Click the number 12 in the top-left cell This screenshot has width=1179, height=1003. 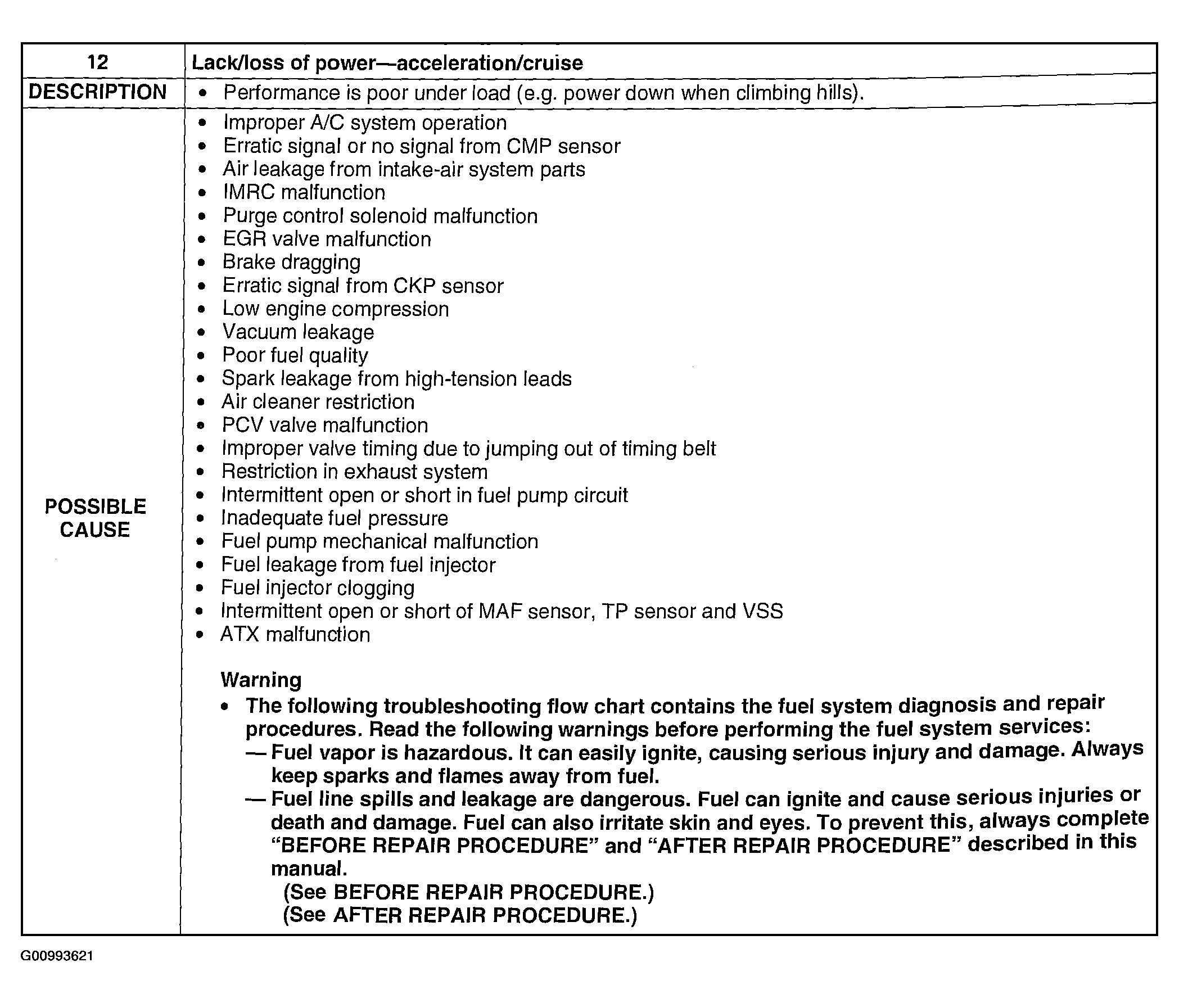98,61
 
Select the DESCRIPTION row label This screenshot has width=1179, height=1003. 98,92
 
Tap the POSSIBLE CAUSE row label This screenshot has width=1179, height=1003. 96,518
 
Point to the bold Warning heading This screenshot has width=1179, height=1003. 261,680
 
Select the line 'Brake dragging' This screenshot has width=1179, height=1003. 291,262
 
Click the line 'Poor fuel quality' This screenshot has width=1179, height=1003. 295,355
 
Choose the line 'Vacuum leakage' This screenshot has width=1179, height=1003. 298,332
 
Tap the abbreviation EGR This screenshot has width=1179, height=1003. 245,239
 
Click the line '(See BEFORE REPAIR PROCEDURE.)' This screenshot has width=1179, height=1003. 468,892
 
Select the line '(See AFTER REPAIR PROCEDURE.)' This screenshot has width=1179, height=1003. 460,915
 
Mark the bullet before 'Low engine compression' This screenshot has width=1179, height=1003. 201,309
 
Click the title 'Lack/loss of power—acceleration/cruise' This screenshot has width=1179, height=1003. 387,62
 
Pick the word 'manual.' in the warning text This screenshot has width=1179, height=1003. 309,868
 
